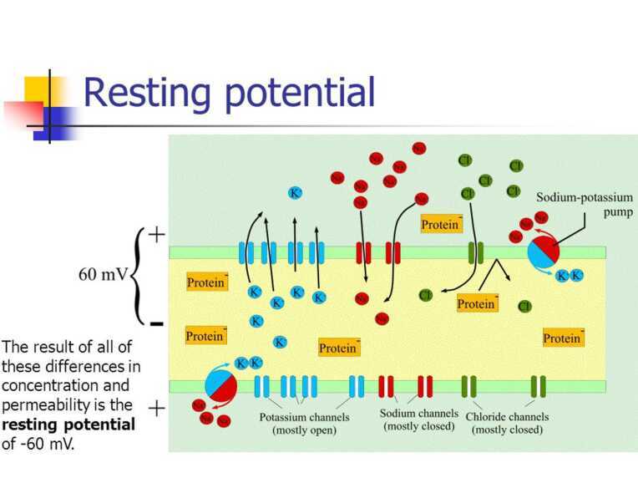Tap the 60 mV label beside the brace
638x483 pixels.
(x=103, y=275)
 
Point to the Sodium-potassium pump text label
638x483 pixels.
(x=584, y=205)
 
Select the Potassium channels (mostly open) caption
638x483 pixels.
(x=304, y=424)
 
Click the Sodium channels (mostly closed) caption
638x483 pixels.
(x=418, y=419)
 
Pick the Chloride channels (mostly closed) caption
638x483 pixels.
(x=507, y=423)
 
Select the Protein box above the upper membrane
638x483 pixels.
(x=441, y=224)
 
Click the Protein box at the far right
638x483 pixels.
(x=562, y=338)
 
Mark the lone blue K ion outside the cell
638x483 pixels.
(x=295, y=193)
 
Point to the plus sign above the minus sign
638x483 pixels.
(x=155, y=234)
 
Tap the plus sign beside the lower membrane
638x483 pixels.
(x=155, y=408)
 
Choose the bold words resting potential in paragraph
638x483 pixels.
(x=68, y=425)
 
